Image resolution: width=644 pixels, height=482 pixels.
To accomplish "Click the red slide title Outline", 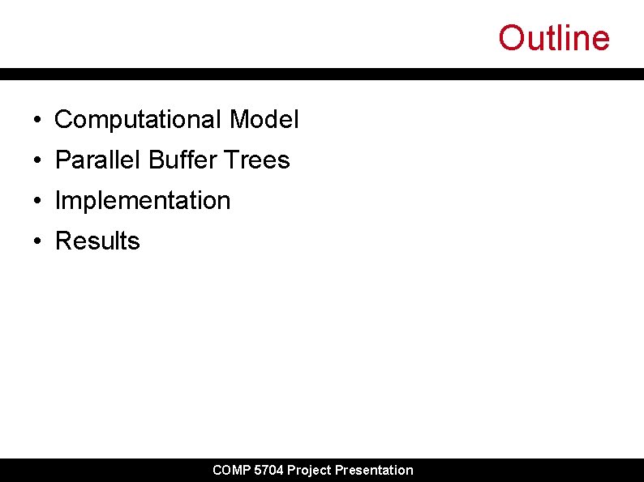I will tap(553, 38).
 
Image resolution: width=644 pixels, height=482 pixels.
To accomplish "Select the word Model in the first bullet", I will tap(264, 120).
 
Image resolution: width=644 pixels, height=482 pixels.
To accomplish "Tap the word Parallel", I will tap(98, 160).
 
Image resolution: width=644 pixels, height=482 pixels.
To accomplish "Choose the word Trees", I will tap(257, 160).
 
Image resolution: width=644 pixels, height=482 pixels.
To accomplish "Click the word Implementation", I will tap(143, 201).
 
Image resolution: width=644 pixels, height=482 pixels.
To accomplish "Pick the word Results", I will tap(97, 241).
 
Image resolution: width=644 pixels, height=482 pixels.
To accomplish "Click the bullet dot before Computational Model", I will tap(38, 121).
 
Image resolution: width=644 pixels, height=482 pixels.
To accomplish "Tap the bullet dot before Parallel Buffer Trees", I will tap(38, 161).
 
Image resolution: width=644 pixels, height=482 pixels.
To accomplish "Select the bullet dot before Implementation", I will tap(38, 202).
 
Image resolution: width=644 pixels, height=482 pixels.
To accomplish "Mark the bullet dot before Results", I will tap(38, 242).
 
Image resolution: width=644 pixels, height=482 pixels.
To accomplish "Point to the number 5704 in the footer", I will tap(268, 471).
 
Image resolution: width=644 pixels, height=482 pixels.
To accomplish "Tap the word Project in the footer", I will tap(309, 471).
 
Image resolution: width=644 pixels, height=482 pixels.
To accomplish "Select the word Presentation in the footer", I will tap(374, 471).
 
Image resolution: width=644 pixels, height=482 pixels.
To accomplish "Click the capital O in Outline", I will tap(511, 38).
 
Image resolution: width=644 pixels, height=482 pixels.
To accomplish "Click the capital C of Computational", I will tap(63, 120).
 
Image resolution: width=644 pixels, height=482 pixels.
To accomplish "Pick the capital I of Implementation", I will tap(58, 201).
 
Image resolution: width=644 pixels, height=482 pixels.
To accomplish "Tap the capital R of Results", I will tap(63, 241).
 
